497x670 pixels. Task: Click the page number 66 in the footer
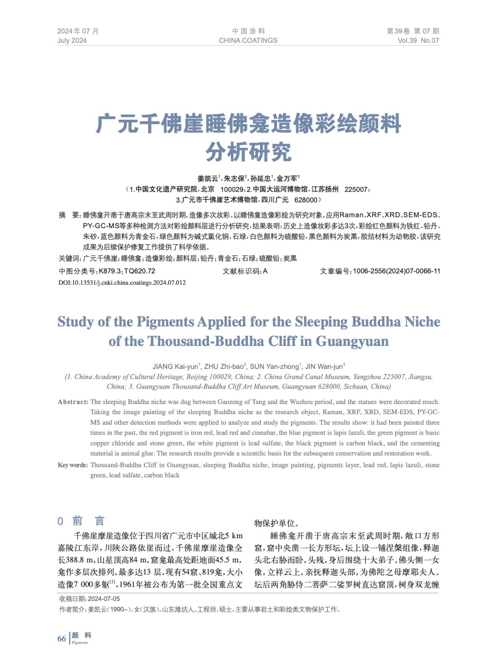point(62,639)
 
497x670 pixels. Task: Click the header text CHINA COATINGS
point(248,41)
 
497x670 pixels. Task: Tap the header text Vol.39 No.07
point(418,41)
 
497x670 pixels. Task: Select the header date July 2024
point(72,41)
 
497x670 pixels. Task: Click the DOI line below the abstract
point(122,283)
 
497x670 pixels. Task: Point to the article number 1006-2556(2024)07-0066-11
point(397,271)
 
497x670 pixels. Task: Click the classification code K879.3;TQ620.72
point(127,271)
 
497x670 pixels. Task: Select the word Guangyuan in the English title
point(352,341)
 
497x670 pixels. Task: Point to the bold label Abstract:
point(73,402)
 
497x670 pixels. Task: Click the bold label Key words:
point(73,465)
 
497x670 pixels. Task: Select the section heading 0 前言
point(81,521)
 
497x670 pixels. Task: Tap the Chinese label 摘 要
point(69,215)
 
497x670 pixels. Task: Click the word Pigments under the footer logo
point(80,643)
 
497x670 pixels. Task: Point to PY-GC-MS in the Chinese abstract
point(101,226)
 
